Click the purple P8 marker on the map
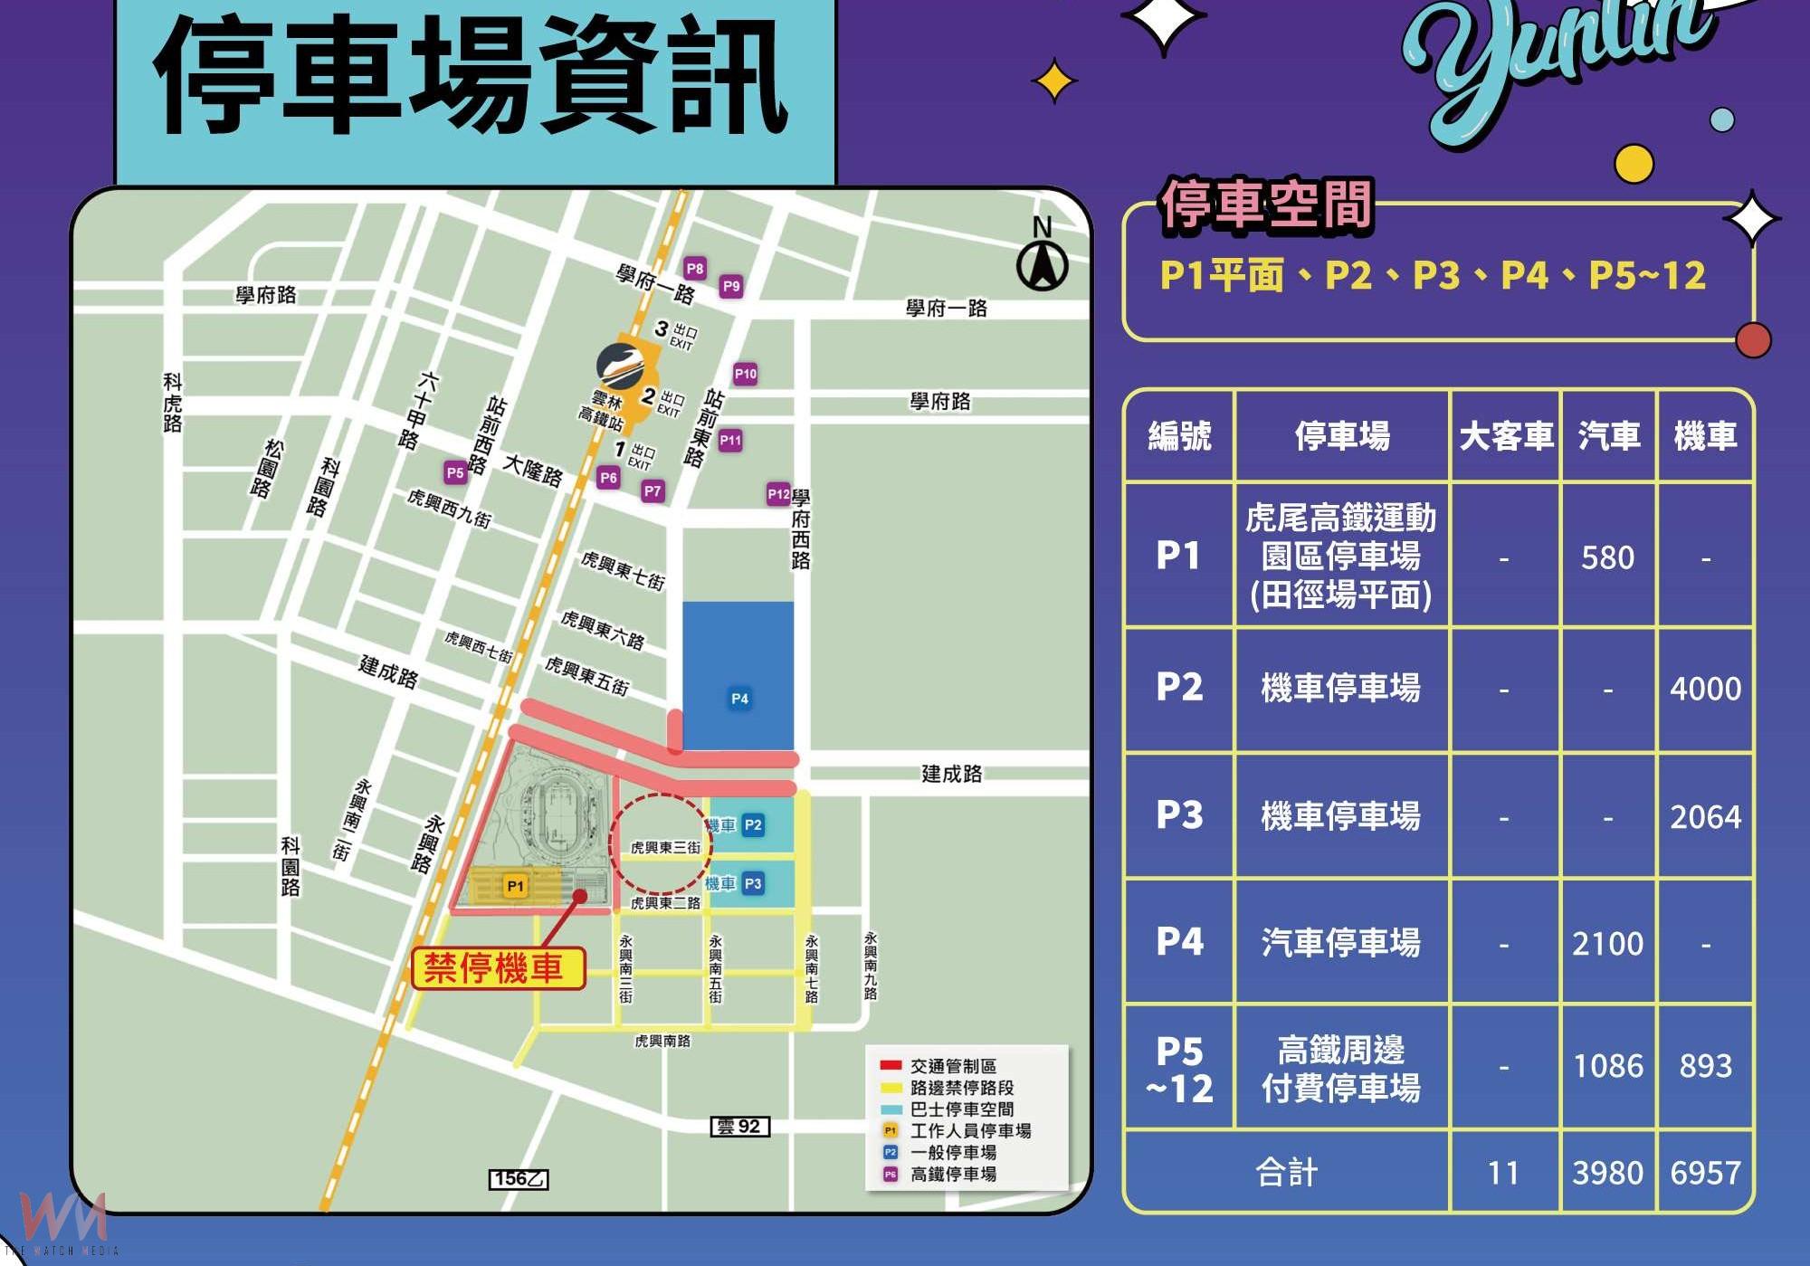pos(694,269)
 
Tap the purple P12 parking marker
pos(778,494)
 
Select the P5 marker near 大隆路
pos(455,472)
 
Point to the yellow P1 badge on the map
pos(515,886)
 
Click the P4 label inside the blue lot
pos(739,699)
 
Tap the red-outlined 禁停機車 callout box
pos(498,968)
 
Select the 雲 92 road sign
pos(739,1127)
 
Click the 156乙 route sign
pos(519,1179)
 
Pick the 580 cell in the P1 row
pos(1607,557)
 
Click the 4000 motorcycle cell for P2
pos(1705,690)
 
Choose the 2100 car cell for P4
pos(1607,944)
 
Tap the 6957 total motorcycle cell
pos(1705,1174)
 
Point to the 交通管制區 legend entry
pos(952,1066)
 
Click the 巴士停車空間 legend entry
pos(961,1109)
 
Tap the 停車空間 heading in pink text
pos(1266,205)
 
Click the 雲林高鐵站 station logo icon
pos(622,366)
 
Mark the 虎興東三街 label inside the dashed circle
pos(665,848)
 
